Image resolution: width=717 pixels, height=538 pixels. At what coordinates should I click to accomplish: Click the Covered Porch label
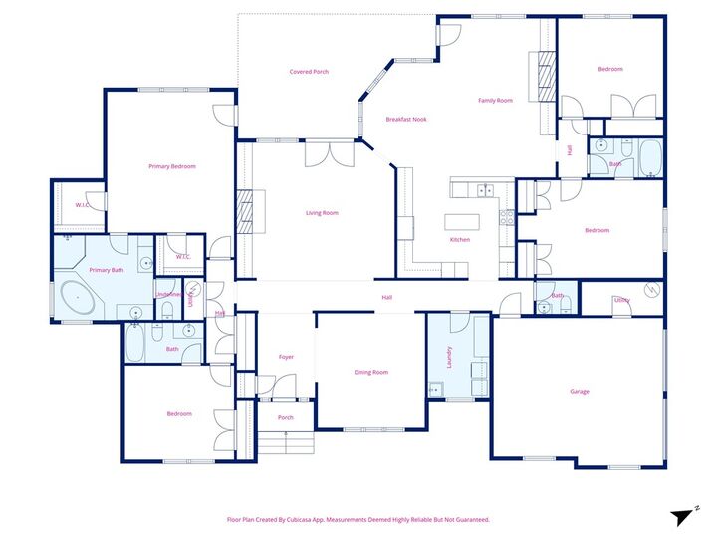309,72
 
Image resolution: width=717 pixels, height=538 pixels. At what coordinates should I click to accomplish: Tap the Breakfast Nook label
405,120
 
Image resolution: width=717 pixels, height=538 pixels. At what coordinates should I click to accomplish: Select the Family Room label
495,100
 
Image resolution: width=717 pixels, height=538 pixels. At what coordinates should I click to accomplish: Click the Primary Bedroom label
172,166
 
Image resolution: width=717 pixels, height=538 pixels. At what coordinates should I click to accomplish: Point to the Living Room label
322,212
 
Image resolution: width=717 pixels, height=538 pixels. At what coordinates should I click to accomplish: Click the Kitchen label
459,239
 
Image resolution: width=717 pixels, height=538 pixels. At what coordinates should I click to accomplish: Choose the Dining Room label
371,372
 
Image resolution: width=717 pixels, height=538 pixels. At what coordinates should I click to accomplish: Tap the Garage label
580,391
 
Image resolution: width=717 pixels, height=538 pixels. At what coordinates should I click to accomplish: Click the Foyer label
286,356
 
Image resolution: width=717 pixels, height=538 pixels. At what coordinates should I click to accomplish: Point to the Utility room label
622,299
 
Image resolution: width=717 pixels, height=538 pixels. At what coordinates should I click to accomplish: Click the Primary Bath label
106,270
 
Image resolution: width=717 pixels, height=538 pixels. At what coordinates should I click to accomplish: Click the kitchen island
463,221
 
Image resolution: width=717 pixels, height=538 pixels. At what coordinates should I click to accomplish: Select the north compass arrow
684,515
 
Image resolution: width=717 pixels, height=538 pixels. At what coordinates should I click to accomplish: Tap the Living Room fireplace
245,212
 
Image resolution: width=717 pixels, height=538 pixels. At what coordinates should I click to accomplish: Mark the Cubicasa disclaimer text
358,519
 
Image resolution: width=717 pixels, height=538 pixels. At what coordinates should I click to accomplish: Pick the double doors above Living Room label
330,155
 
